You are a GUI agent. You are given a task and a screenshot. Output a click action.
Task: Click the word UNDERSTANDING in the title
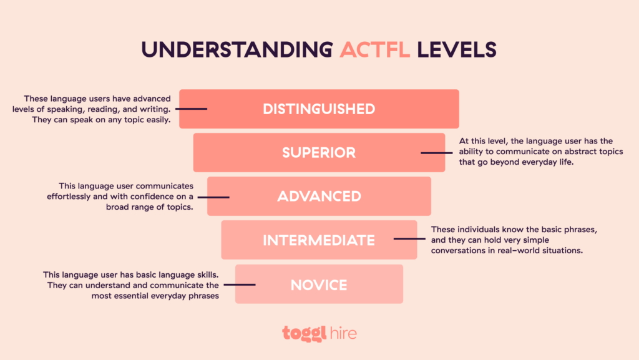pos(237,49)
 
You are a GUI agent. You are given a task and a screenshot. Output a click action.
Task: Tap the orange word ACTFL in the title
pos(375,49)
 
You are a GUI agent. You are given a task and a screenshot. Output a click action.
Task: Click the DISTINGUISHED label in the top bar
pos(319,109)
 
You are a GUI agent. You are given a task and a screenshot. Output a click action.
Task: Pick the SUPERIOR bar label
pos(319,152)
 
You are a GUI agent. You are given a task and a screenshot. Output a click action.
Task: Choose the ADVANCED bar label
pos(319,196)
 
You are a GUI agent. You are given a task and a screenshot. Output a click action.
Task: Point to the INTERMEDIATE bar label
pos(319,240)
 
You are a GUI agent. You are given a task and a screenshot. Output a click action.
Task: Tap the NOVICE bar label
pos(319,285)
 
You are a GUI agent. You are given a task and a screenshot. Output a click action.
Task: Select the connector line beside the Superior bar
pos(434,152)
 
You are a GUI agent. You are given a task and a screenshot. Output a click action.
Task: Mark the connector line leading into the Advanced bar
pos(218,197)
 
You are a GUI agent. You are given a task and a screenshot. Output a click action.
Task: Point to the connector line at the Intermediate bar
pos(407,240)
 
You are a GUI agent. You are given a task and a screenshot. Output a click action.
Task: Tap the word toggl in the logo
pos(304,333)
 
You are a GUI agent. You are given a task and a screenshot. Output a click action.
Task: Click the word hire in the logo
pos(344,333)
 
